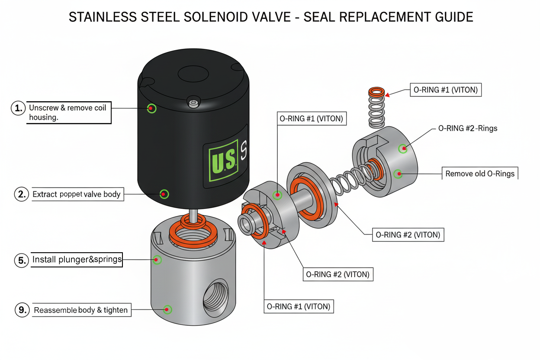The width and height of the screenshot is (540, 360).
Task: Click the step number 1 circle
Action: click(18, 108)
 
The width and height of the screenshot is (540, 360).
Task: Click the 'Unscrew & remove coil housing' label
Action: click(68, 112)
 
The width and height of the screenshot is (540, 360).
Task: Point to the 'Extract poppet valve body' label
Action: click(77, 194)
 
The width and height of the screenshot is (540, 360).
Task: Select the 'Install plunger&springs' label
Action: click(77, 260)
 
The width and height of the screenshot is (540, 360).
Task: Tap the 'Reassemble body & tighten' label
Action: click(81, 310)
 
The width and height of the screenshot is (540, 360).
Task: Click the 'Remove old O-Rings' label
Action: click(480, 174)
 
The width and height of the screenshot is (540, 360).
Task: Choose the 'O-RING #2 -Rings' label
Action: click(467, 129)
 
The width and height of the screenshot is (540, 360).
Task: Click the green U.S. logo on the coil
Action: click(223, 161)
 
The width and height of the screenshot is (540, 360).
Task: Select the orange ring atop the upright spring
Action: click(377, 92)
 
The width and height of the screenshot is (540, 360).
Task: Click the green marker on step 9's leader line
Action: click(167, 309)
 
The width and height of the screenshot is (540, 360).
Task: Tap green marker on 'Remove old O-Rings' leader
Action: click(398, 174)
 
